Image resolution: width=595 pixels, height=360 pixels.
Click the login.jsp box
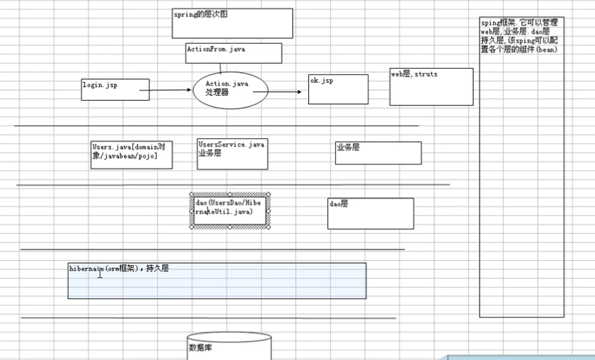(115, 90)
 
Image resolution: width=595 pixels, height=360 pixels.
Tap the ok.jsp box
(338, 89)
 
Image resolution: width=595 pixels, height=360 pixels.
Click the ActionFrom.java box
(233, 53)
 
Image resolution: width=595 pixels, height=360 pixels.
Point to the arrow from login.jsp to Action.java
(170, 90)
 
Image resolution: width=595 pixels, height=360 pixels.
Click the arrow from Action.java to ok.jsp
(286, 91)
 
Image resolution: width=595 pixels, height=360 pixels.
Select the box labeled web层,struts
(431, 86)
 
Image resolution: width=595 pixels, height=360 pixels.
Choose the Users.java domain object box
(132, 155)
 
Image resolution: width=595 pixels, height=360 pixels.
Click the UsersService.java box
(232, 154)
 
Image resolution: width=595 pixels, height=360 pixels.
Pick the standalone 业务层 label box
(378, 152)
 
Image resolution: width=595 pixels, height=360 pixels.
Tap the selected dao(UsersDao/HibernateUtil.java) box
(229, 209)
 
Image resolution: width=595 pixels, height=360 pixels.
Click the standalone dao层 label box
(370, 213)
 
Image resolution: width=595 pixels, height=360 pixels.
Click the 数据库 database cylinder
(229, 347)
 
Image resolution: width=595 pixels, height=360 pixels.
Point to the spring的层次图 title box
(232, 23)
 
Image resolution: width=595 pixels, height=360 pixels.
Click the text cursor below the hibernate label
(100, 275)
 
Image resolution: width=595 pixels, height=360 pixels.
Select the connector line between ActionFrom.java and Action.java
(220, 68)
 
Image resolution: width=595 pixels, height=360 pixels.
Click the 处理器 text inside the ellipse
(217, 93)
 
